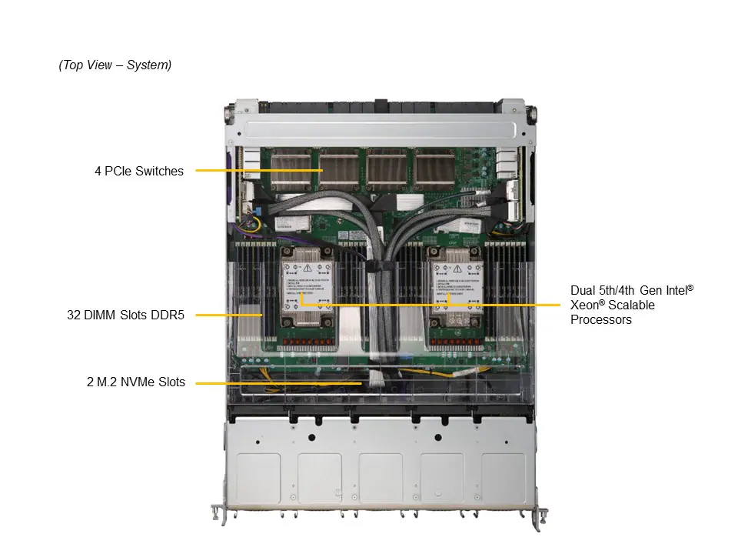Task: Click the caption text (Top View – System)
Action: [x=115, y=65]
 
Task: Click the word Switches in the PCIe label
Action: [x=160, y=171]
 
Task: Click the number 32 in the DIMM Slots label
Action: [x=74, y=314]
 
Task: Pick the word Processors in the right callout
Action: [x=601, y=319]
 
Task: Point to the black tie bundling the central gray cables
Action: [x=377, y=266]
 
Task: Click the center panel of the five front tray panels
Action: [x=381, y=478]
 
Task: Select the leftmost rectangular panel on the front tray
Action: [x=258, y=478]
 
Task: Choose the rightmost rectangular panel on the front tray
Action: [x=503, y=478]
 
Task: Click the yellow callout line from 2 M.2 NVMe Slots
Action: [x=269, y=382]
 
